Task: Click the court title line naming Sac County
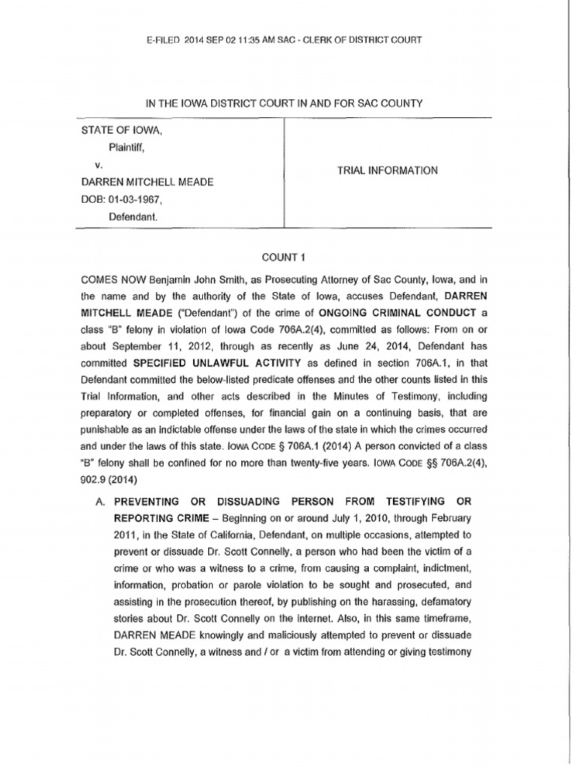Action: click(288, 102)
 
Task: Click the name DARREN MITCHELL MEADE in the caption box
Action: click(148, 182)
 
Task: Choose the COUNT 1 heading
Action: click(288, 255)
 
